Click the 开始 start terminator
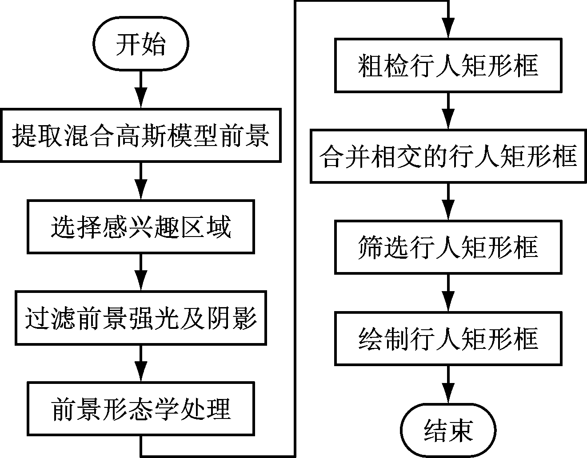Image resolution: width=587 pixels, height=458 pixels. pyautogui.click(x=141, y=43)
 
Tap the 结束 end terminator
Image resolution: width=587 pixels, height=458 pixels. pyautogui.click(x=448, y=430)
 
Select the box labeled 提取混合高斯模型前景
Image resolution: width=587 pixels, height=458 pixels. pyautogui.click(x=141, y=135)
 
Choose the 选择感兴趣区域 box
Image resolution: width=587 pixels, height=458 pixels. pyautogui.click(x=141, y=227)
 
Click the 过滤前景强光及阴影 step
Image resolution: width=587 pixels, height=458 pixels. pyautogui.click(x=141, y=318)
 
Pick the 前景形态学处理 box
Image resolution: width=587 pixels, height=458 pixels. pyautogui.click(x=141, y=409)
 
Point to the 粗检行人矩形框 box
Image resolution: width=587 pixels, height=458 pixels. pyautogui.click(x=448, y=66)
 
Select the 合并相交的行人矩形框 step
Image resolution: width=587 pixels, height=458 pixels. pyautogui.click(x=448, y=157)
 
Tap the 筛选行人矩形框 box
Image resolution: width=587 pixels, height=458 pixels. pyautogui.click(x=448, y=247)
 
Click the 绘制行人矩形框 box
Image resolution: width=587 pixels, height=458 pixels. pyautogui.click(x=448, y=339)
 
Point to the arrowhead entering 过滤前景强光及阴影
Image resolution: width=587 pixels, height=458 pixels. pyautogui.click(x=141, y=280)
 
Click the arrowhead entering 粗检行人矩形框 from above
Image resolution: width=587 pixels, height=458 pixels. pyautogui.click(x=448, y=28)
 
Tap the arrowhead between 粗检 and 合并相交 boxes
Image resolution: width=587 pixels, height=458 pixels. pyautogui.click(x=448, y=119)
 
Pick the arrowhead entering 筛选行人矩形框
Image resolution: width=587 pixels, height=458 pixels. pyautogui.click(x=448, y=210)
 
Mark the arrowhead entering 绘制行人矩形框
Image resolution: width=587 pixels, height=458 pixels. pyautogui.click(x=448, y=301)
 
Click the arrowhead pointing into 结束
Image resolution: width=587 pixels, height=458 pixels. pyautogui.click(x=448, y=393)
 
